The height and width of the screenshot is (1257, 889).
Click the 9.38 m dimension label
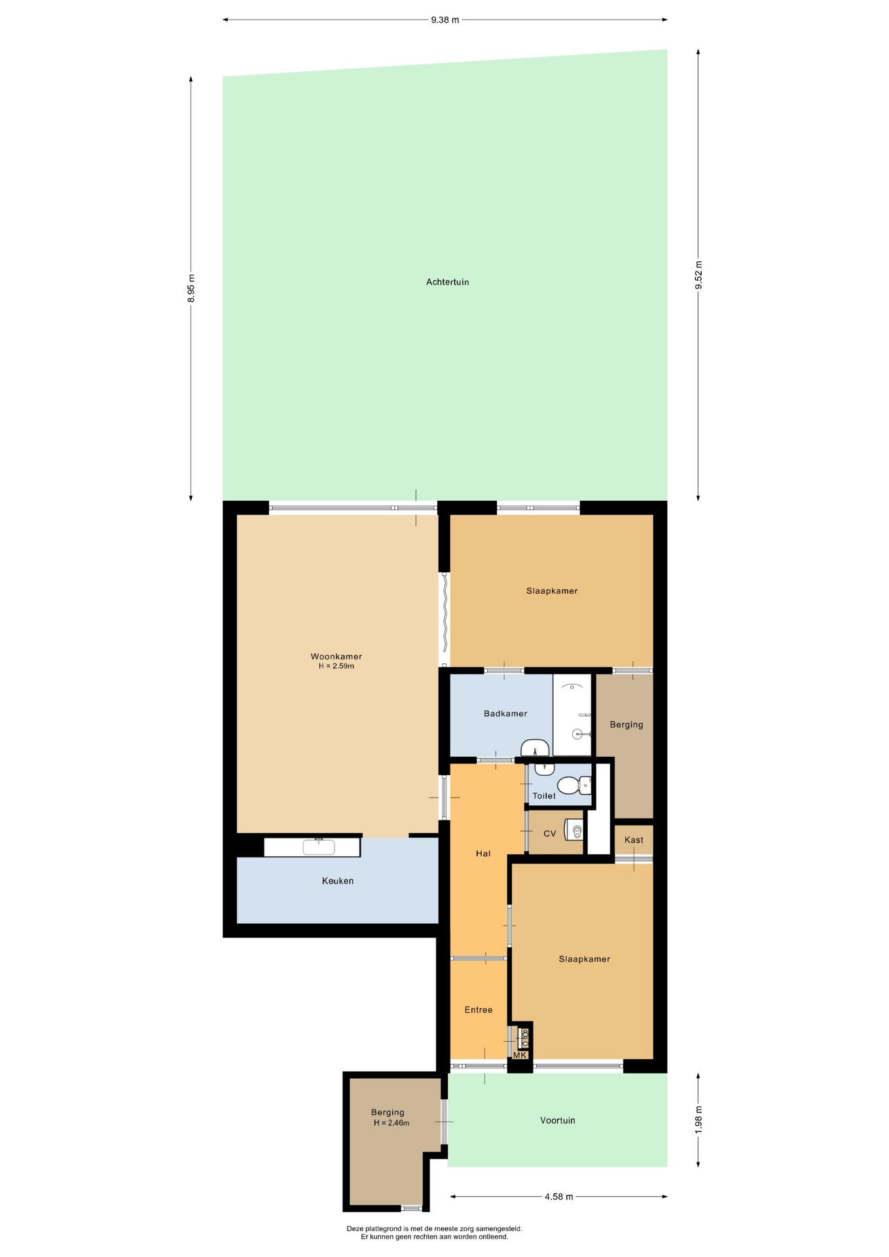[x=445, y=20]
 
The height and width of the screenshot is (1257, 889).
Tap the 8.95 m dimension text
[x=191, y=289]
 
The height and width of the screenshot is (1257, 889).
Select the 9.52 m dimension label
[x=698, y=275]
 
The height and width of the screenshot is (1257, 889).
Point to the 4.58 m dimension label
[x=558, y=1197]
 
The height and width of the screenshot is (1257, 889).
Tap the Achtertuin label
[x=448, y=282]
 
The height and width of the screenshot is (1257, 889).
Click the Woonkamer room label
[x=336, y=657]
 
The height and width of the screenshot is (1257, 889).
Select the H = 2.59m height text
[x=336, y=666]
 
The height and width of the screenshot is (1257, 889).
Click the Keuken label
[x=338, y=881]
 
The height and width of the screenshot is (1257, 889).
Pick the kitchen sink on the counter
[x=319, y=847]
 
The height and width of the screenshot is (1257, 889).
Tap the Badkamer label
[x=505, y=714]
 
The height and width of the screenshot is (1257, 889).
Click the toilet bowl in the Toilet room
[x=571, y=784]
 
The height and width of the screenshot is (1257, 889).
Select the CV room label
[x=550, y=833]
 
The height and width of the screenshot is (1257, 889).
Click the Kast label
[x=634, y=840]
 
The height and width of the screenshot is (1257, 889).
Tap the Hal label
[x=483, y=854]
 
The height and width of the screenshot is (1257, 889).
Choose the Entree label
[x=479, y=1010]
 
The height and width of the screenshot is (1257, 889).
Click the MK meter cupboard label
[x=520, y=1055]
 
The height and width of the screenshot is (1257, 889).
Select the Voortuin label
[x=558, y=1121]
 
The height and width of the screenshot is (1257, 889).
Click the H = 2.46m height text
[x=391, y=1123]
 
